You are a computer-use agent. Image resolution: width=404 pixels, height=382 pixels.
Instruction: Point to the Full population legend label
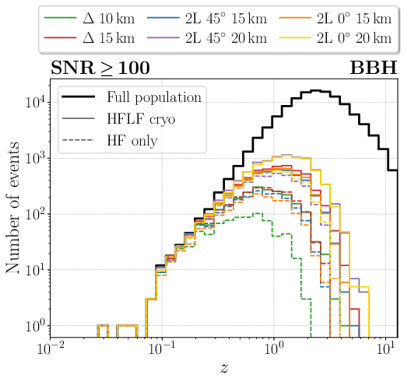[x=153, y=98]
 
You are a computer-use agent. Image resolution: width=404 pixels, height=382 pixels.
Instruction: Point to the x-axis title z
[x=226, y=368]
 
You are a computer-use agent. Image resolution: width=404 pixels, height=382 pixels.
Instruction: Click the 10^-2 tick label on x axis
[x=52, y=349]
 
